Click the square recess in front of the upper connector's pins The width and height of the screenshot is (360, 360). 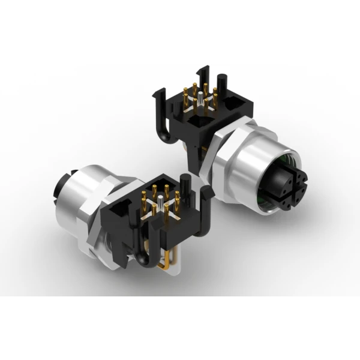(199, 123)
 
